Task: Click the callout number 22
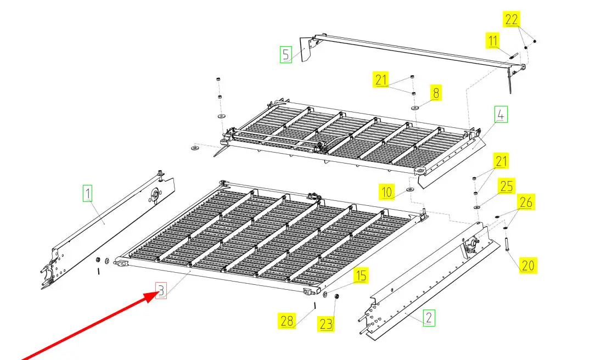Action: pos(512,19)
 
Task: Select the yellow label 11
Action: pos(493,41)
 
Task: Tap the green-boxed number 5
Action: pos(285,54)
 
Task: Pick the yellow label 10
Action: pos(386,192)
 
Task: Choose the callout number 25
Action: pos(507,187)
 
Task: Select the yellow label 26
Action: pos(526,201)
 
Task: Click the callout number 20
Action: pos(528,265)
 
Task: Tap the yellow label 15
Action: pos(361,275)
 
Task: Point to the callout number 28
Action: pos(287,321)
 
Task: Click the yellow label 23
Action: pos(326,324)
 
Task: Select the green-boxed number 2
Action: pos(429,318)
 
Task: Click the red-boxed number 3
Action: pos(161,291)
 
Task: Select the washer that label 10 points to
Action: pos(410,189)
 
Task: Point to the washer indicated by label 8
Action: pos(414,108)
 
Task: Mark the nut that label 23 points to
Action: pos(336,296)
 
